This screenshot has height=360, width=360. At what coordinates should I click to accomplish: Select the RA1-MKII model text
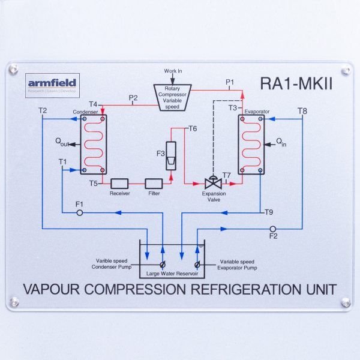point(297,83)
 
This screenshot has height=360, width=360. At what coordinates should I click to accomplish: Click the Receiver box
point(120,182)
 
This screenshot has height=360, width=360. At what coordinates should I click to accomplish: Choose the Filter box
point(154,182)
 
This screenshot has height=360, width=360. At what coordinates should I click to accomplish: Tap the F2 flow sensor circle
point(272,229)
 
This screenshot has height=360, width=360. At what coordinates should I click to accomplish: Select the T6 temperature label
point(193,128)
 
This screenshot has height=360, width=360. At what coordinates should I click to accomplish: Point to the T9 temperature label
point(269,212)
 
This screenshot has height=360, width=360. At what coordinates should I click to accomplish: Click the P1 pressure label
point(230,82)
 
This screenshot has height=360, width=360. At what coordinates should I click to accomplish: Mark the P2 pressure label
point(133,98)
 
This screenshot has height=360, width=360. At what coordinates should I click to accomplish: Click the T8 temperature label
point(302,111)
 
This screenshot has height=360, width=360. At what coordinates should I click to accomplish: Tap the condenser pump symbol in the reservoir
point(161,264)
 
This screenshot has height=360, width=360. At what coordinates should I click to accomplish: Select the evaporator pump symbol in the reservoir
point(196,264)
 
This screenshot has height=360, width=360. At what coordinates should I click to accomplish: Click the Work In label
point(173,71)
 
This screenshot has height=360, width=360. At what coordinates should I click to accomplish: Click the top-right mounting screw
point(346,71)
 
